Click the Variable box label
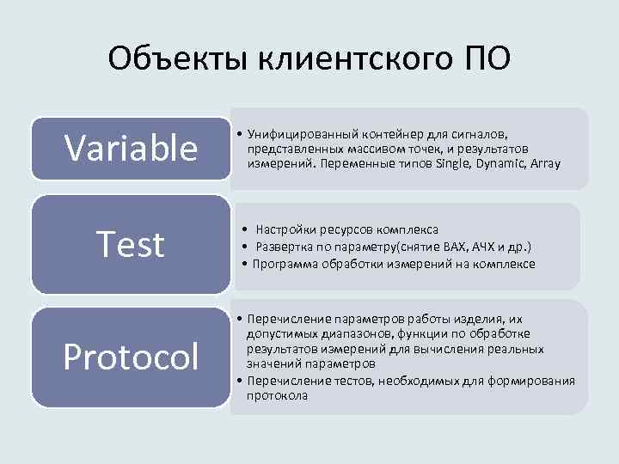(x=132, y=148)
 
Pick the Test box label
(x=131, y=245)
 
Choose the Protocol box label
(x=132, y=357)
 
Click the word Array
(x=546, y=162)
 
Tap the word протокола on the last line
(x=277, y=395)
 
